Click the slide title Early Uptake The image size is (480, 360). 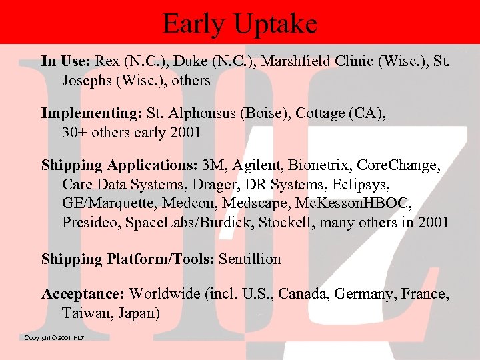[x=240, y=24]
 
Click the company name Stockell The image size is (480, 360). [x=287, y=222]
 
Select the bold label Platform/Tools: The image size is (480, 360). [x=160, y=259]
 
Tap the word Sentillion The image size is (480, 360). [x=250, y=259]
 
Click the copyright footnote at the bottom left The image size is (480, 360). [x=54, y=338]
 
